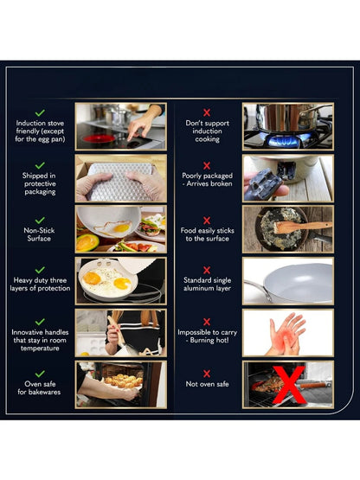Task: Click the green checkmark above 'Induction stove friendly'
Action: (40, 112)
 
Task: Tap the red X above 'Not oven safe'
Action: (207, 374)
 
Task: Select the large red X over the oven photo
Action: (288, 385)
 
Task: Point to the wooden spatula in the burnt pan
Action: (302, 227)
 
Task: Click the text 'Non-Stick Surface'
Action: (39, 234)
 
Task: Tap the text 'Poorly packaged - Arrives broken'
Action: (207, 180)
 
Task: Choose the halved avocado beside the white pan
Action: (87, 243)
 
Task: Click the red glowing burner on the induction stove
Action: (99, 138)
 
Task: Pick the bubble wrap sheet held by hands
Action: (120, 182)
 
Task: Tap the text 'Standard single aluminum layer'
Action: (207, 284)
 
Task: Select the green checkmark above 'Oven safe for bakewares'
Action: (40, 374)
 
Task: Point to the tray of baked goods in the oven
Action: (124, 381)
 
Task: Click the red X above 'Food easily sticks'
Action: (207, 221)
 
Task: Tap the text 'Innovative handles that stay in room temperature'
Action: (40, 340)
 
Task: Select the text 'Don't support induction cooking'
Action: (208, 131)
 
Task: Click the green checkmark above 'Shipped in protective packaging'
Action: (40, 165)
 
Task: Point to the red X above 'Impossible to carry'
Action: (207, 322)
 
